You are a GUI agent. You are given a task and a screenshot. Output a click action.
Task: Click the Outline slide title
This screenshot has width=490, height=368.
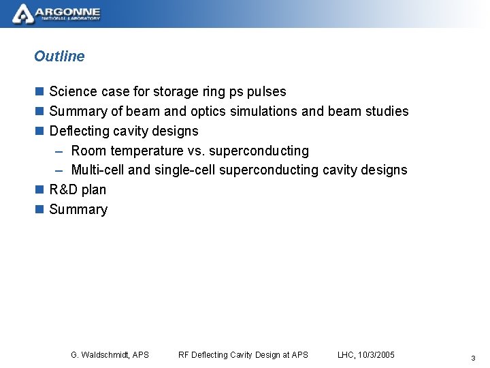coord(59,57)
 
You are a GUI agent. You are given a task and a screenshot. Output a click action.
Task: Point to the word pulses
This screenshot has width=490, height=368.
coord(267,91)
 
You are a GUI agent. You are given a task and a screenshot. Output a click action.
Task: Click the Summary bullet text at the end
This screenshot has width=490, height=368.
coord(78,209)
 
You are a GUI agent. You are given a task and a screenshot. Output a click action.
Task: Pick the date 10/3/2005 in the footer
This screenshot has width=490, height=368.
coord(377,354)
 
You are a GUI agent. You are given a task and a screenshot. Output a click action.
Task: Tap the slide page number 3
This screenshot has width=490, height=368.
coord(472,358)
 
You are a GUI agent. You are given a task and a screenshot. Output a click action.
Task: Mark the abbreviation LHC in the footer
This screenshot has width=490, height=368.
coord(346,354)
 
